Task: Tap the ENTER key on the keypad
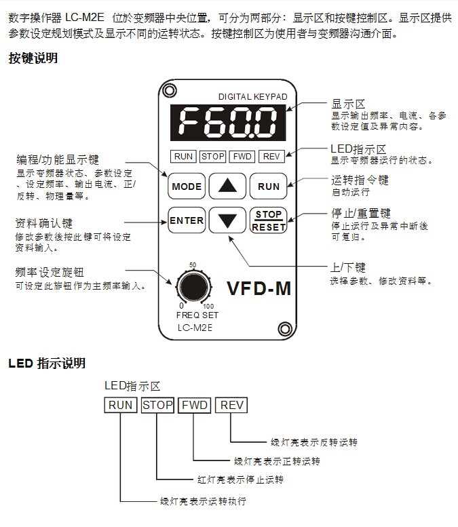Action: pyautogui.click(x=187, y=220)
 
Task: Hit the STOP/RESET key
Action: pyautogui.click(x=268, y=221)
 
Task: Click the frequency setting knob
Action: pyautogui.click(x=193, y=286)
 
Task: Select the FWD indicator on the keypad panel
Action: pyautogui.click(x=242, y=157)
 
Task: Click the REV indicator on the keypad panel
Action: pyautogui.click(x=271, y=157)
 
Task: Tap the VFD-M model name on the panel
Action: pyautogui.click(x=259, y=288)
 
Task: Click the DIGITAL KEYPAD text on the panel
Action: pyautogui.click(x=252, y=97)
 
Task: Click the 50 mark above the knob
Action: pyautogui.click(x=193, y=265)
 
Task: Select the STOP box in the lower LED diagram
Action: pyautogui.click(x=158, y=406)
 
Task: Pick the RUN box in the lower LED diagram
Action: pyautogui.click(x=121, y=406)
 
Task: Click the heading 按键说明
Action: pyautogui.click(x=33, y=58)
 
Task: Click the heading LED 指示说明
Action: pyautogui.click(x=47, y=364)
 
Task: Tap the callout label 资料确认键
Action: pyautogui.click(x=43, y=224)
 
